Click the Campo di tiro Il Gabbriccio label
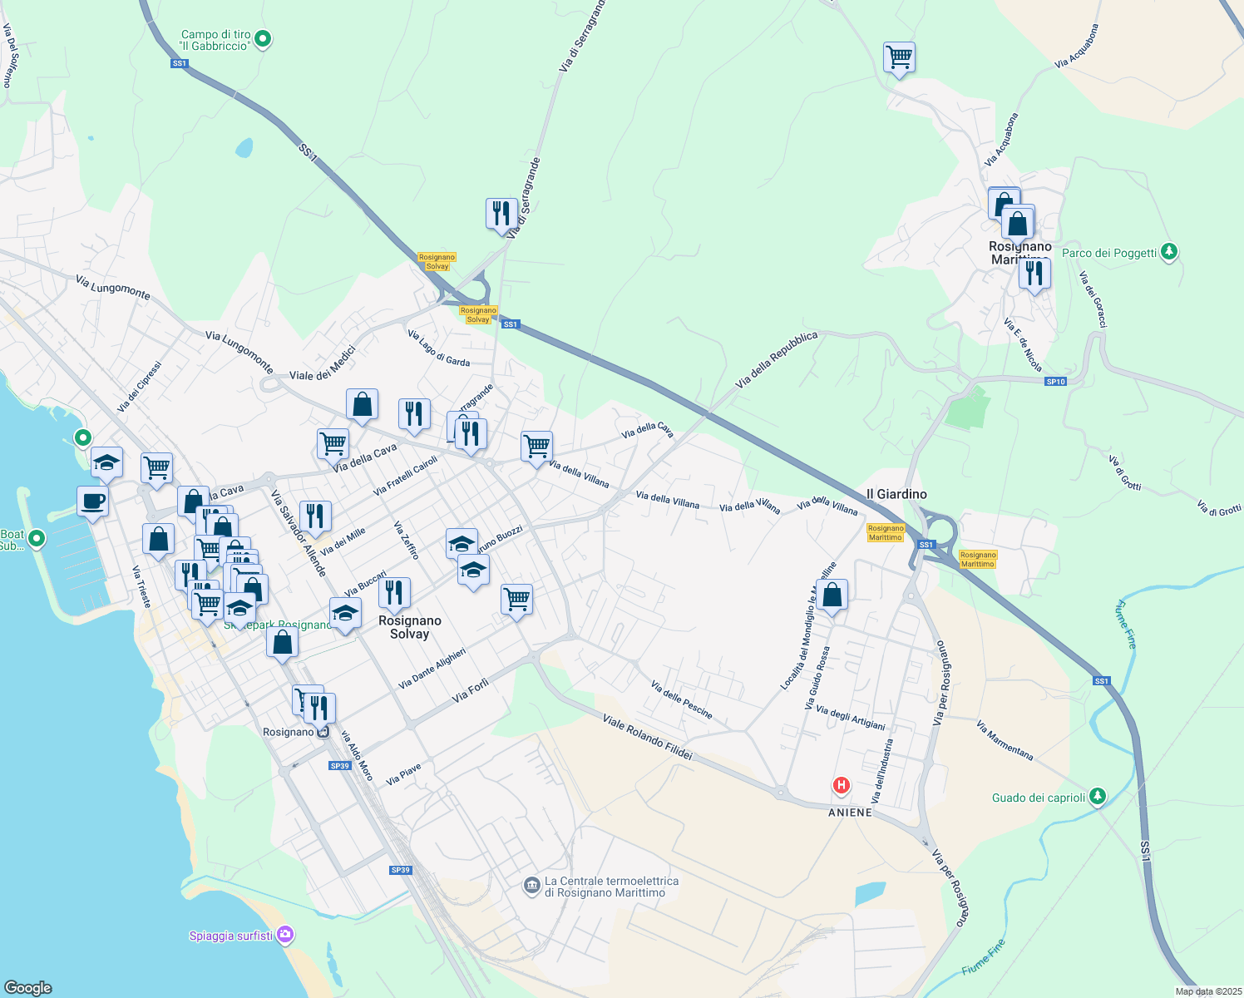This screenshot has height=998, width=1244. point(215,41)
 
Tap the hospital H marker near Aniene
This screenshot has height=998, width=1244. point(842,785)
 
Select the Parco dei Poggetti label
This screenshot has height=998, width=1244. point(1109,253)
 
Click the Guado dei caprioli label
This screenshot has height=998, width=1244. point(1039,798)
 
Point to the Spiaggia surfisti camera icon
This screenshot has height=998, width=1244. point(285,936)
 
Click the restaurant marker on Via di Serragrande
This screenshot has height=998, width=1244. point(501,214)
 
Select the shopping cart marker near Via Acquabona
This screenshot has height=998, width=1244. point(899,58)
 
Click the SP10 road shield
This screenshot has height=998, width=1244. point(1055,382)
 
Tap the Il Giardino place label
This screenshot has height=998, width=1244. point(896,494)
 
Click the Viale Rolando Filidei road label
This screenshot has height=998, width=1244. point(647,737)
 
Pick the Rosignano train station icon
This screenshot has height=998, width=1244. point(323,732)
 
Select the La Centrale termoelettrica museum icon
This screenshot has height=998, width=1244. point(532,887)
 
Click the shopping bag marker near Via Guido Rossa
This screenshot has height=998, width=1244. point(832,595)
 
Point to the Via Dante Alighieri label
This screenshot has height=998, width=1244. point(432,669)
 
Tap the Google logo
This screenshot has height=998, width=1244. point(27,987)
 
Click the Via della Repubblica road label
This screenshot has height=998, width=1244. point(777,359)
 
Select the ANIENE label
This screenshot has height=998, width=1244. point(850,813)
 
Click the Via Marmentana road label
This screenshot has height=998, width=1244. point(1005,740)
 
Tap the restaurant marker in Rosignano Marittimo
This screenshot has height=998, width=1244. point(1034,273)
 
